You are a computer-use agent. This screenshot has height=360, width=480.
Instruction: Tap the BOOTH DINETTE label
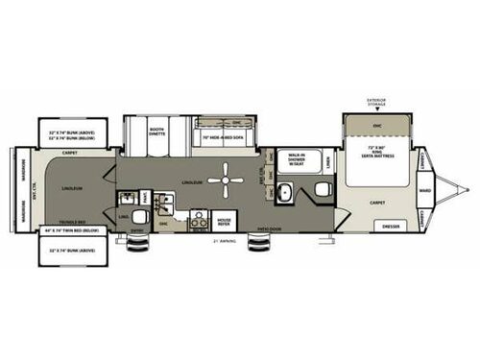point(158,125)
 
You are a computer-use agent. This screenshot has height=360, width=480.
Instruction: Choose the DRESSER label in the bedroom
point(391,226)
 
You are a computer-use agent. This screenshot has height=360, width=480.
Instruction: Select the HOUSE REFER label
point(226,221)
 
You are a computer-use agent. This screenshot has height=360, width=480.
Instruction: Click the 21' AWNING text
point(224,240)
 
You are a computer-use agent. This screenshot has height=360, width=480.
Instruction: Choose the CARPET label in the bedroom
point(375,204)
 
